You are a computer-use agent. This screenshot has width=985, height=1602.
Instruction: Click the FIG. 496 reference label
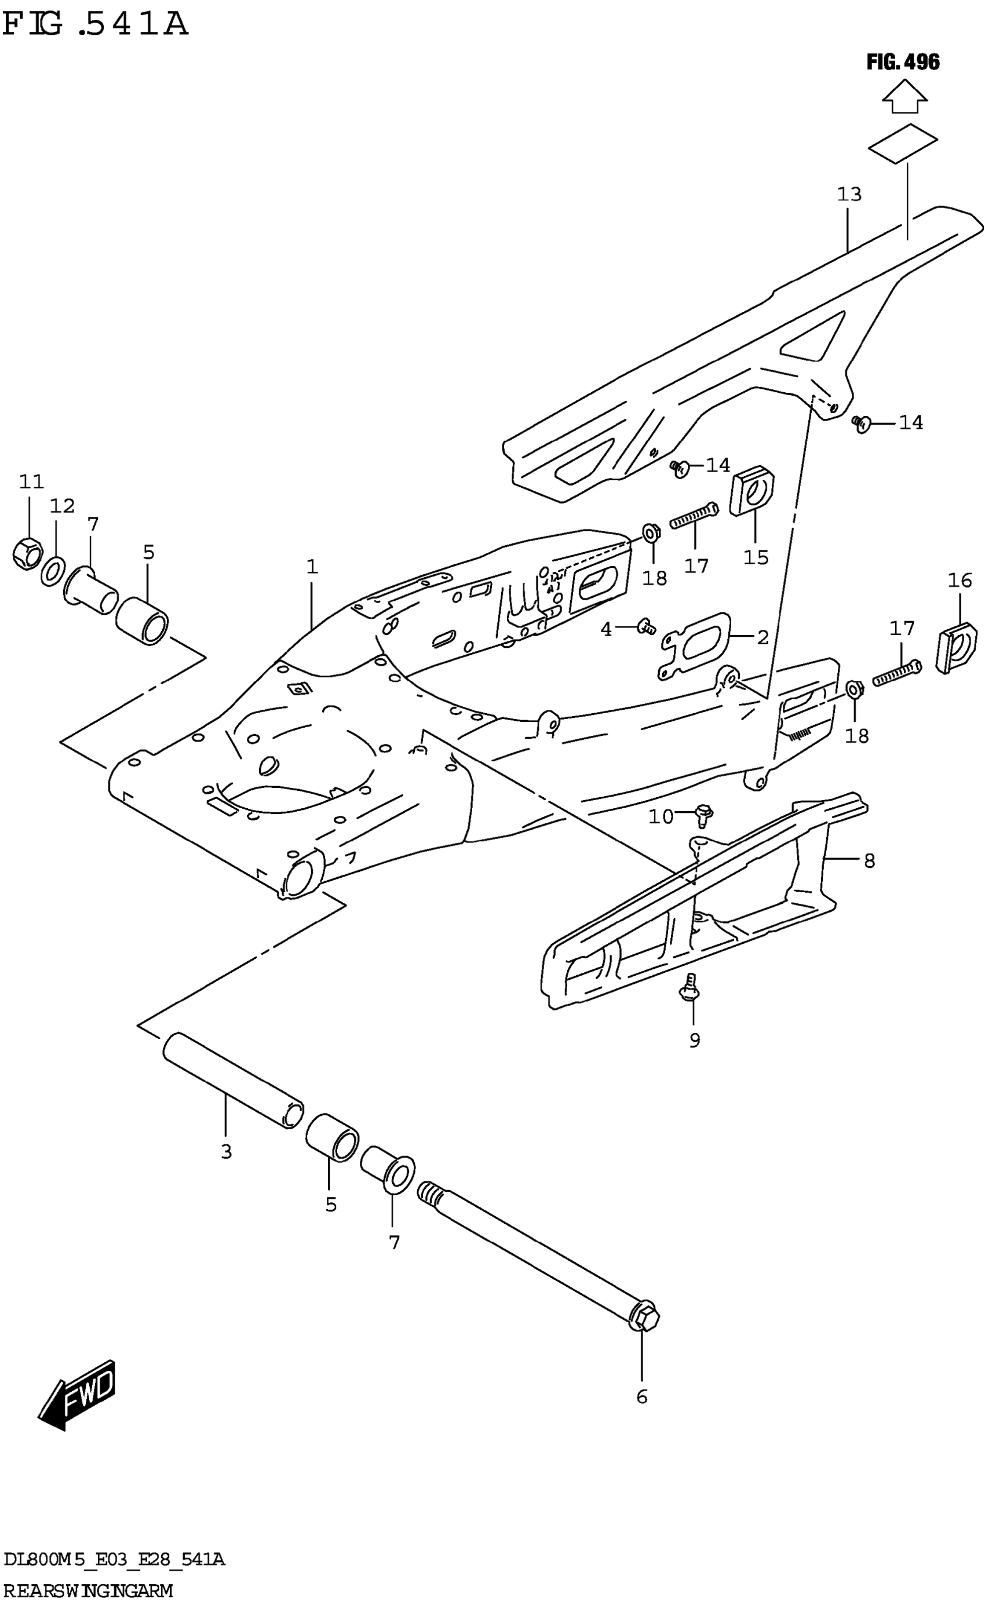(x=903, y=63)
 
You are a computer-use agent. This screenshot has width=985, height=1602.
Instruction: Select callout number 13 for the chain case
(x=849, y=194)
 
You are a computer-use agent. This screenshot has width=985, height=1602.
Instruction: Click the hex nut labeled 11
(x=27, y=553)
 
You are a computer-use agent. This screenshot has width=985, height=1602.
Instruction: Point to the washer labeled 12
(x=53, y=571)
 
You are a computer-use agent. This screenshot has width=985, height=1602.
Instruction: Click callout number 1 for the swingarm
(x=312, y=567)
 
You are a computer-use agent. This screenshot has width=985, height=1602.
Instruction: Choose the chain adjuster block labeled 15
(x=751, y=490)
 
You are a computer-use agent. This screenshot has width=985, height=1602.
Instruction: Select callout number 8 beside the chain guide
(x=869, y=861)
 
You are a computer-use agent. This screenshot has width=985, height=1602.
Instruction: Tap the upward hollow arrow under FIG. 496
(x=904, y=97)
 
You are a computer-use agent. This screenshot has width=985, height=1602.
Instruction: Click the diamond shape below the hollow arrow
(x=903, y=142)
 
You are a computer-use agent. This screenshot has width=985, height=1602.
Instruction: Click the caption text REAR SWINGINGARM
(x=87, y=1591)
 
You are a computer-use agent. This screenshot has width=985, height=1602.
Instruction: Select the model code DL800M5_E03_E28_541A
(x=114, y=1560)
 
